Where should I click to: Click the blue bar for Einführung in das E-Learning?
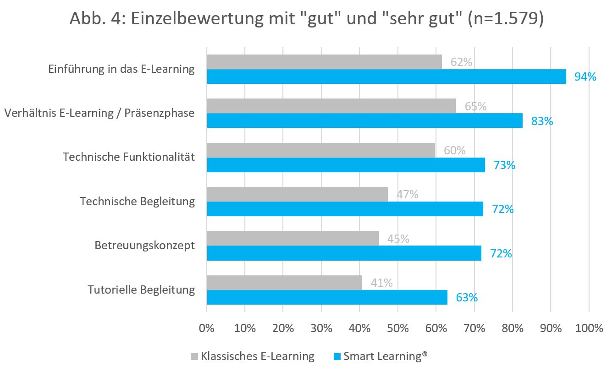pos(386,76)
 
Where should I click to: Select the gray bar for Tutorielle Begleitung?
pos(284,283)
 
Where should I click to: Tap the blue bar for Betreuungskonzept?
pos(344,253)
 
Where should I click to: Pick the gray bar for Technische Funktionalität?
pos(321,150)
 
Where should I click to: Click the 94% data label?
pos(585,77)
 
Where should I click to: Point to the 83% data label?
pos(542,121)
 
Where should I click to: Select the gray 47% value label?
pos(408,195)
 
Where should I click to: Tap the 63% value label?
pos(467,297)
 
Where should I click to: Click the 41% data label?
pos(382,283)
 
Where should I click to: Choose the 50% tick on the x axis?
pos(398,328)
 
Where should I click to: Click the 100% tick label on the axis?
pos(589,328)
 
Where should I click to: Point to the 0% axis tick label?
pos(207,328)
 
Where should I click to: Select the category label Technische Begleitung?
pos(137,201)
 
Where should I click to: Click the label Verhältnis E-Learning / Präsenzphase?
pos(99,113)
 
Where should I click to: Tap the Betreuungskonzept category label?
pos(144,245)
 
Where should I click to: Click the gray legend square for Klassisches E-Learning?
pos(194,356)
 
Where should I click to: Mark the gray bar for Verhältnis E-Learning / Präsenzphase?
pos(331,106)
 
